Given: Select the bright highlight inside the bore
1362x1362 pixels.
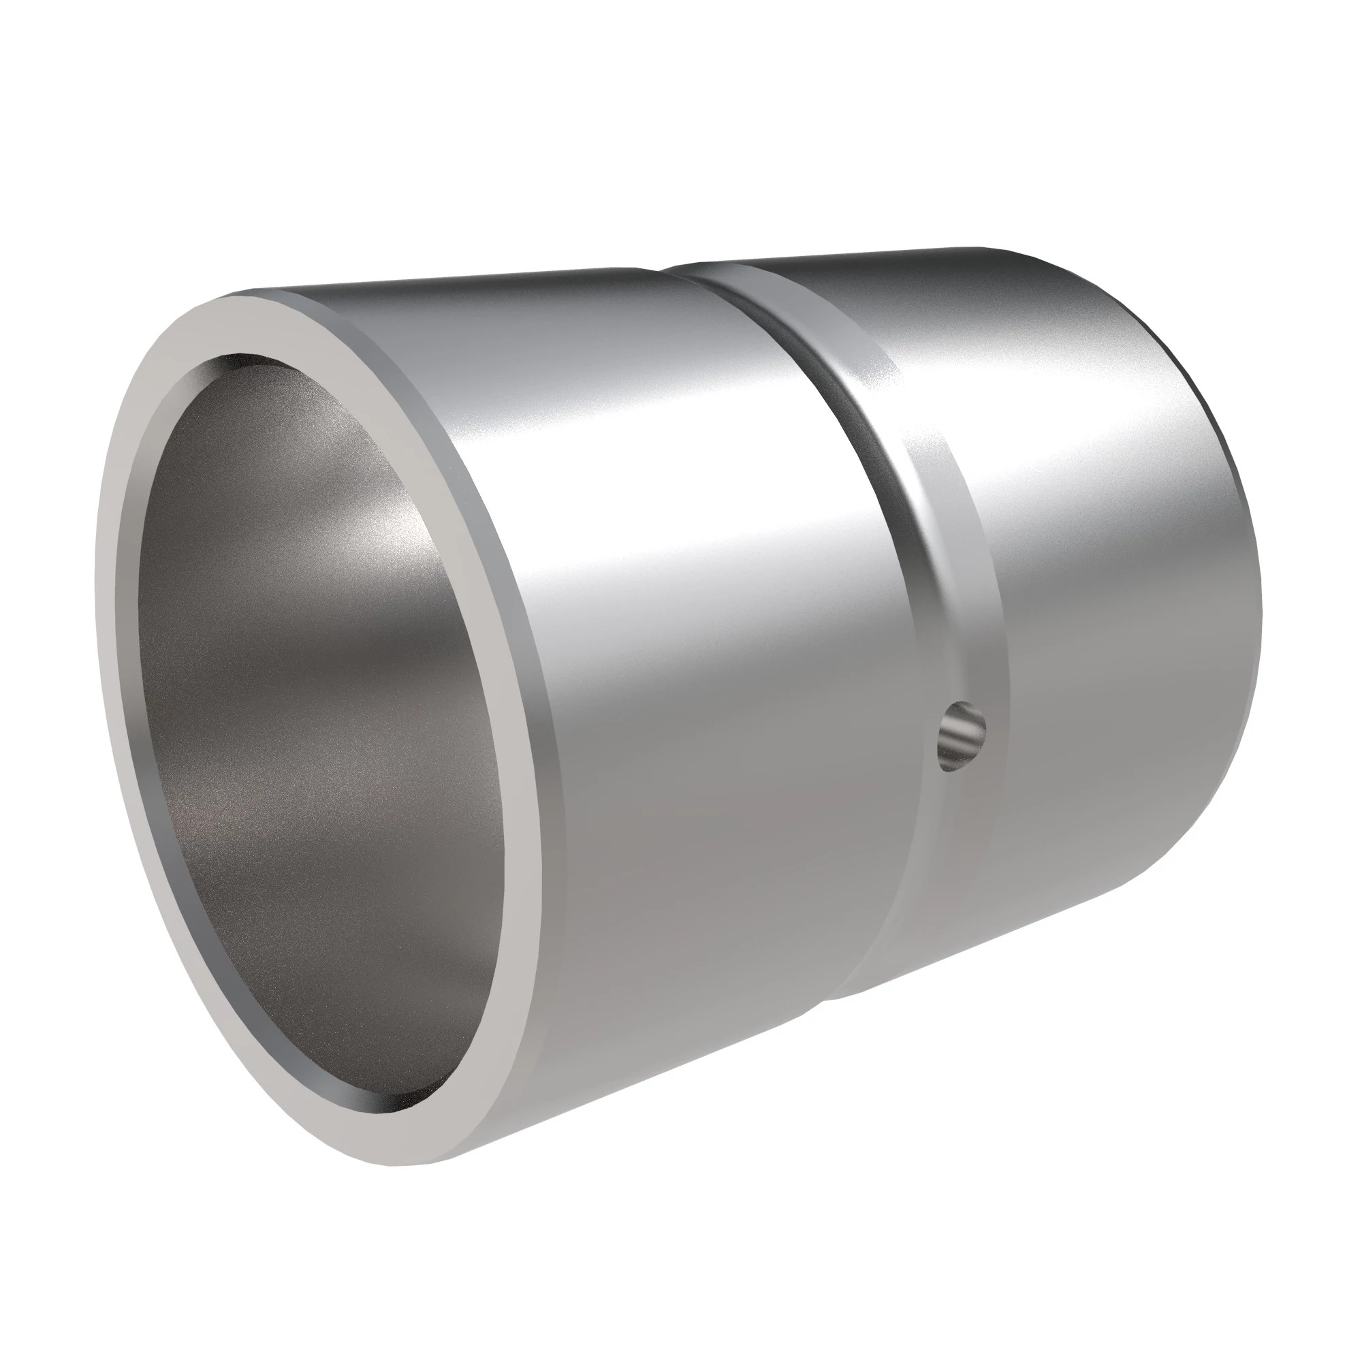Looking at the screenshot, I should pyautogui.click(x=395, y=536).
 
